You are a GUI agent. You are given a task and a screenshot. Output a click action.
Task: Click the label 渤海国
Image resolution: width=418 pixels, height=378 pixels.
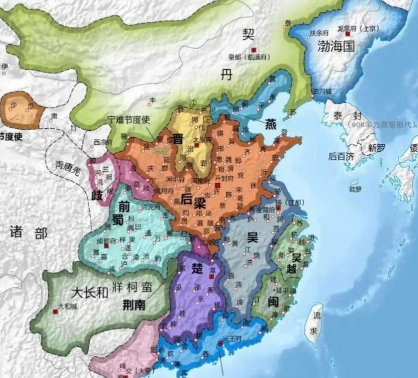click(336, 46)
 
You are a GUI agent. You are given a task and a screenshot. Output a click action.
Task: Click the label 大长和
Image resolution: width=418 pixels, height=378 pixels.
click(89, 292)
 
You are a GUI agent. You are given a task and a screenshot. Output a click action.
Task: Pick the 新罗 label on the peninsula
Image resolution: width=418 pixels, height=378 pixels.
click(377, 148)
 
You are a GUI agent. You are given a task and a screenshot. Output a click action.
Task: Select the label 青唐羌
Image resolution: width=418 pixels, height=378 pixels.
click(67, 168)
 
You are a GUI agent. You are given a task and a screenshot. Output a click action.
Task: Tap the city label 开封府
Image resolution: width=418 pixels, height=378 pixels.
click(224, 178)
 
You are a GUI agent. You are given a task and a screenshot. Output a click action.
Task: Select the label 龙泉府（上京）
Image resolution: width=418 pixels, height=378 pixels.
click(357, 29)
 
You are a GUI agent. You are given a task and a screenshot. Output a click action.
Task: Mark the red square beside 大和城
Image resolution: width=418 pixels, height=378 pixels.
click(55, 312)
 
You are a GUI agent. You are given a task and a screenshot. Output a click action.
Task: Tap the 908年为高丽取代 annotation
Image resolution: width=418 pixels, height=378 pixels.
click(380, 124)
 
